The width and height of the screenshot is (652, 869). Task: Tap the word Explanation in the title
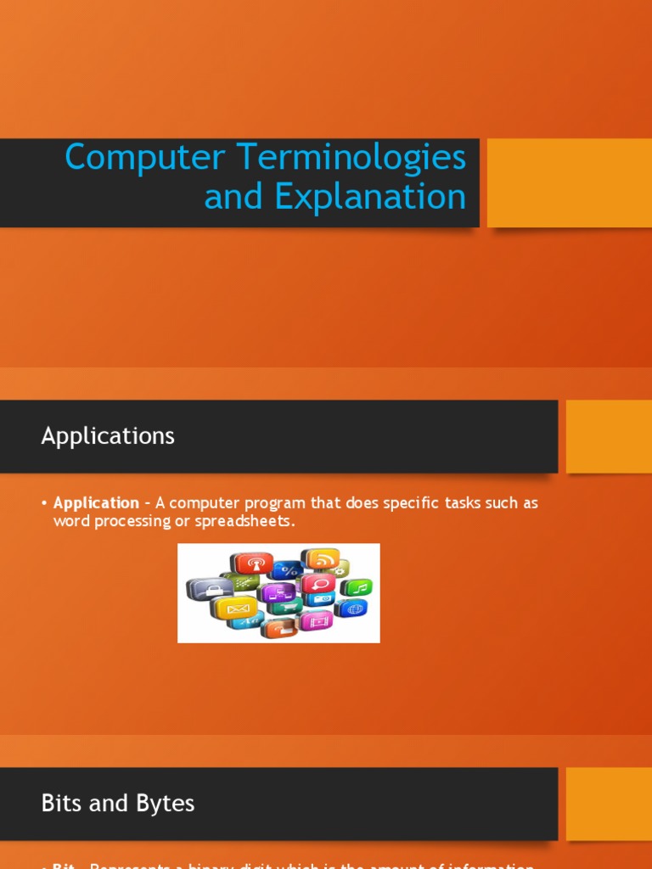(x=369, y=197)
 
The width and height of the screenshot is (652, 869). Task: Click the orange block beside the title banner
(x=569, y=183)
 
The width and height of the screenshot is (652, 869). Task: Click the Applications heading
(x=108, y=436)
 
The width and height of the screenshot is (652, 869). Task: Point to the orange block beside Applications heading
(x=608, y=436)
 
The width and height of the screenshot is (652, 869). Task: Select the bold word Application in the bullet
(x=96, y=503)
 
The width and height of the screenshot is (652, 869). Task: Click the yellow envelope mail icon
(x=235, y=608)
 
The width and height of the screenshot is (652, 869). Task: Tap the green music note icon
(x=357, y=587)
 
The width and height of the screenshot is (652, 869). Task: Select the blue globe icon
(x=352, y=608)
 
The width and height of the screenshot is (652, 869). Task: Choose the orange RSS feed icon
(x=322, y=559)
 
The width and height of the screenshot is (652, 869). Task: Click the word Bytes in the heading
(x=164, y=804)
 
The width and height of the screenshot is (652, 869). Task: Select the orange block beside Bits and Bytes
(x=608, y=804)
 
